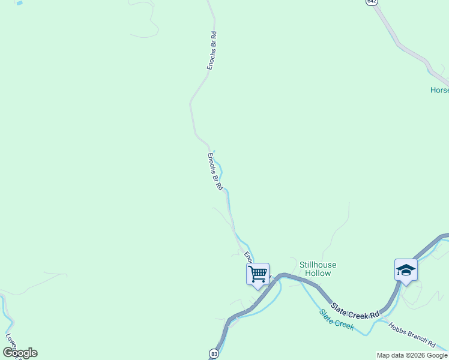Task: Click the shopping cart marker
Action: click(x=258, y=274)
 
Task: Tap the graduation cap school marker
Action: click(x=406, y=270)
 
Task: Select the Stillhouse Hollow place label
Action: click(x=318, y=269)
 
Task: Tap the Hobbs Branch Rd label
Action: click(x=412, y=335)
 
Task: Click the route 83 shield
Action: click(x=214, y=353)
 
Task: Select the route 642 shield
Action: click(x=373, y=2)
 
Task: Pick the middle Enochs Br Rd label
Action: click(x=215, y=172)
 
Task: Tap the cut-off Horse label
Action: click(x=439, y=90)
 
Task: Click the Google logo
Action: click(x=20, y=353)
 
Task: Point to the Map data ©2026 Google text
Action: click(x=412, y=355)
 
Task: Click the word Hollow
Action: click(x=318, y=273)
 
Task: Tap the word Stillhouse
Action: click(x=318, y=265)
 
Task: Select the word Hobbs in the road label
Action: click(x=399, y=329)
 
